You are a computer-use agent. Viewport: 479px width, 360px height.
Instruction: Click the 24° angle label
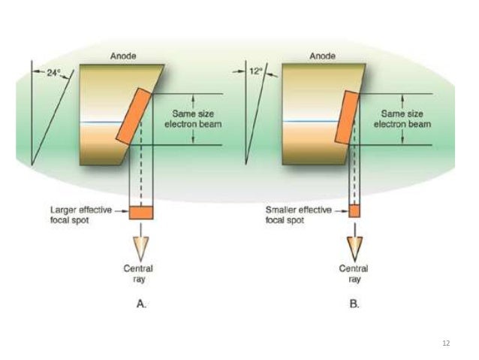[53, 74]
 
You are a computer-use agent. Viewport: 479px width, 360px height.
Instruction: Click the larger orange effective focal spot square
[141, 212]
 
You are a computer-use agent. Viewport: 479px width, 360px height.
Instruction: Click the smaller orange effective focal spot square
[354, 211]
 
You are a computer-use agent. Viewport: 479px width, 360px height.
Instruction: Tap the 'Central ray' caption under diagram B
[354, 274]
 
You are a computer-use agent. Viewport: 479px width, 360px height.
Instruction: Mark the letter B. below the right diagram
[354, 305]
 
